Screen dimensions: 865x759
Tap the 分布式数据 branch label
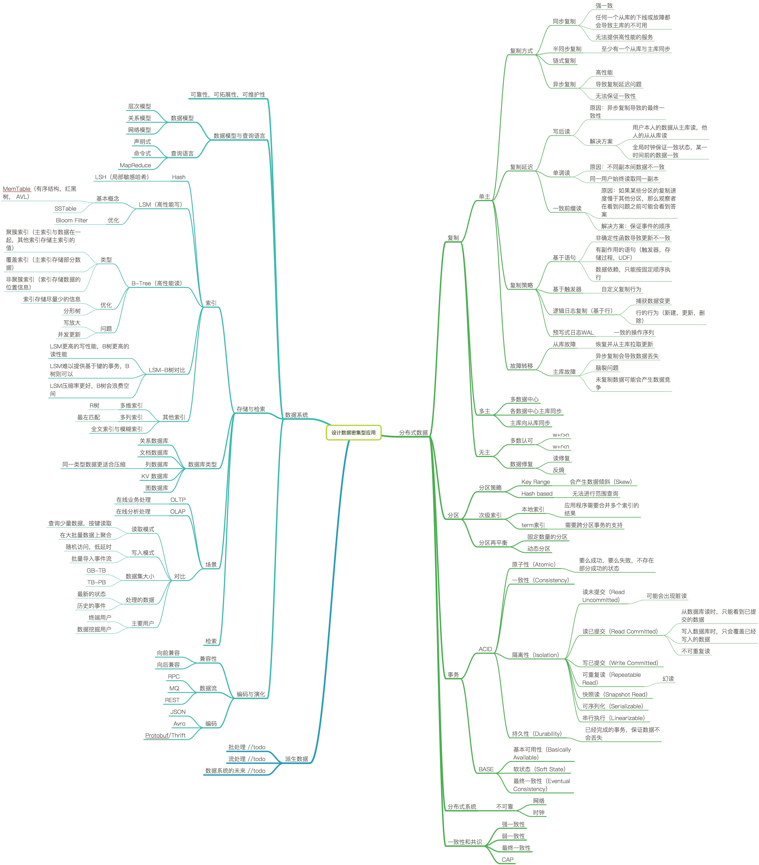pyautogui.click(x=413, y=433)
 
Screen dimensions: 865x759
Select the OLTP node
pyautogui.click(x=178, y=500)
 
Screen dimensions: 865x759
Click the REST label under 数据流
pyautogui.click(x=172, y=700)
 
